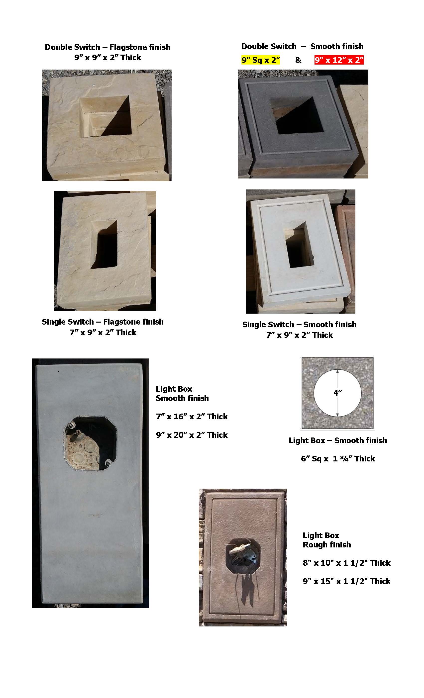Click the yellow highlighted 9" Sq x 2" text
pos(260,60)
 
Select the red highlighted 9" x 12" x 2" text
pos(339,60)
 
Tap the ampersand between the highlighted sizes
pos(298,60)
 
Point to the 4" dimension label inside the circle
pos(337,393)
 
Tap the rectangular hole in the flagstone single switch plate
pos(104,244)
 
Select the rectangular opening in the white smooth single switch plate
pos(299,245)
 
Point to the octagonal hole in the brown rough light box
pos(243,556)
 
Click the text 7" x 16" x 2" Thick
pos(192,416)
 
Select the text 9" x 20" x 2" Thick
pos(192,435)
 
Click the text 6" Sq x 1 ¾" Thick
pos(338,459)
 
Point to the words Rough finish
pos(327,544)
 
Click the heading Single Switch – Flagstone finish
pos(103,322)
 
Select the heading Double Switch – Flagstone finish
pos(107,47)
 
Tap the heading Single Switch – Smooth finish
pos(299,324)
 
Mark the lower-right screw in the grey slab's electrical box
pos(108,463)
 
